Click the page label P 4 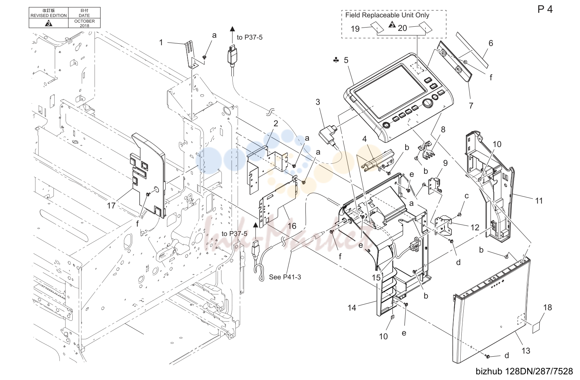click(545, 9)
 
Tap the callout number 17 click(111, 205)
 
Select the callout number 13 click(526, 351)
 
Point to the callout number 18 click(548, 307)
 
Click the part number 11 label click(539, 201)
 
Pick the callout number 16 click(292, 226)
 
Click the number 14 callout click(352, 308)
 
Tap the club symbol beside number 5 click(336, 60)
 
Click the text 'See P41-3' click(285, 277)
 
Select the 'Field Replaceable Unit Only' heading click(387, 15)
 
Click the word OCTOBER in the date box click(84, 21)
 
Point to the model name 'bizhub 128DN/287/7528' click(524, 371)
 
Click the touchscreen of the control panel click(390, 91)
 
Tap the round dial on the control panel click(427, 103)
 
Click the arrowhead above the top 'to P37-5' click(232, 29)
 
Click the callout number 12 click(475, 227)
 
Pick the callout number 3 click(318, 102)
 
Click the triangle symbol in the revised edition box click(49, 23)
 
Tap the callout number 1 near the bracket click(161, 42)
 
